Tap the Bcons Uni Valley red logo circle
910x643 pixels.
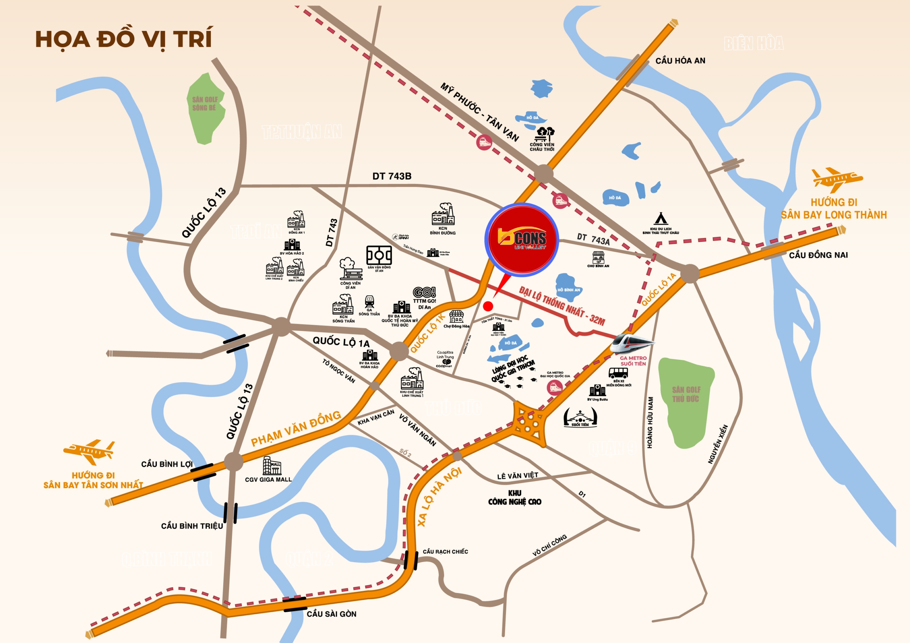point(521,239)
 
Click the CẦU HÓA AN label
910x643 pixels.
point(680,61)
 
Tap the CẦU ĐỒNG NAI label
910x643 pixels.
point(818,255)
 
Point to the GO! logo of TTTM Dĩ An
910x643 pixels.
point(424,293)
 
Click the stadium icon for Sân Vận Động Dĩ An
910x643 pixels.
point(379,255)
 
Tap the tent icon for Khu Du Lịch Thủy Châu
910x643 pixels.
point(660,219)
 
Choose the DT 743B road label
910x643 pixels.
point(392,176)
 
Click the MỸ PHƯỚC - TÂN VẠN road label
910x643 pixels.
point(480,112)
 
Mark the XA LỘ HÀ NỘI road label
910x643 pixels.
point(439,497)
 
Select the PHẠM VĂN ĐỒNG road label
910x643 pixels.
point(296,429)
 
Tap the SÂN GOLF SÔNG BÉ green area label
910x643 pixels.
point(204,104)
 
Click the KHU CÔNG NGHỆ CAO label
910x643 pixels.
point(514,498)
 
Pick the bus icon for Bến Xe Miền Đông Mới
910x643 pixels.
point(618,373)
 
